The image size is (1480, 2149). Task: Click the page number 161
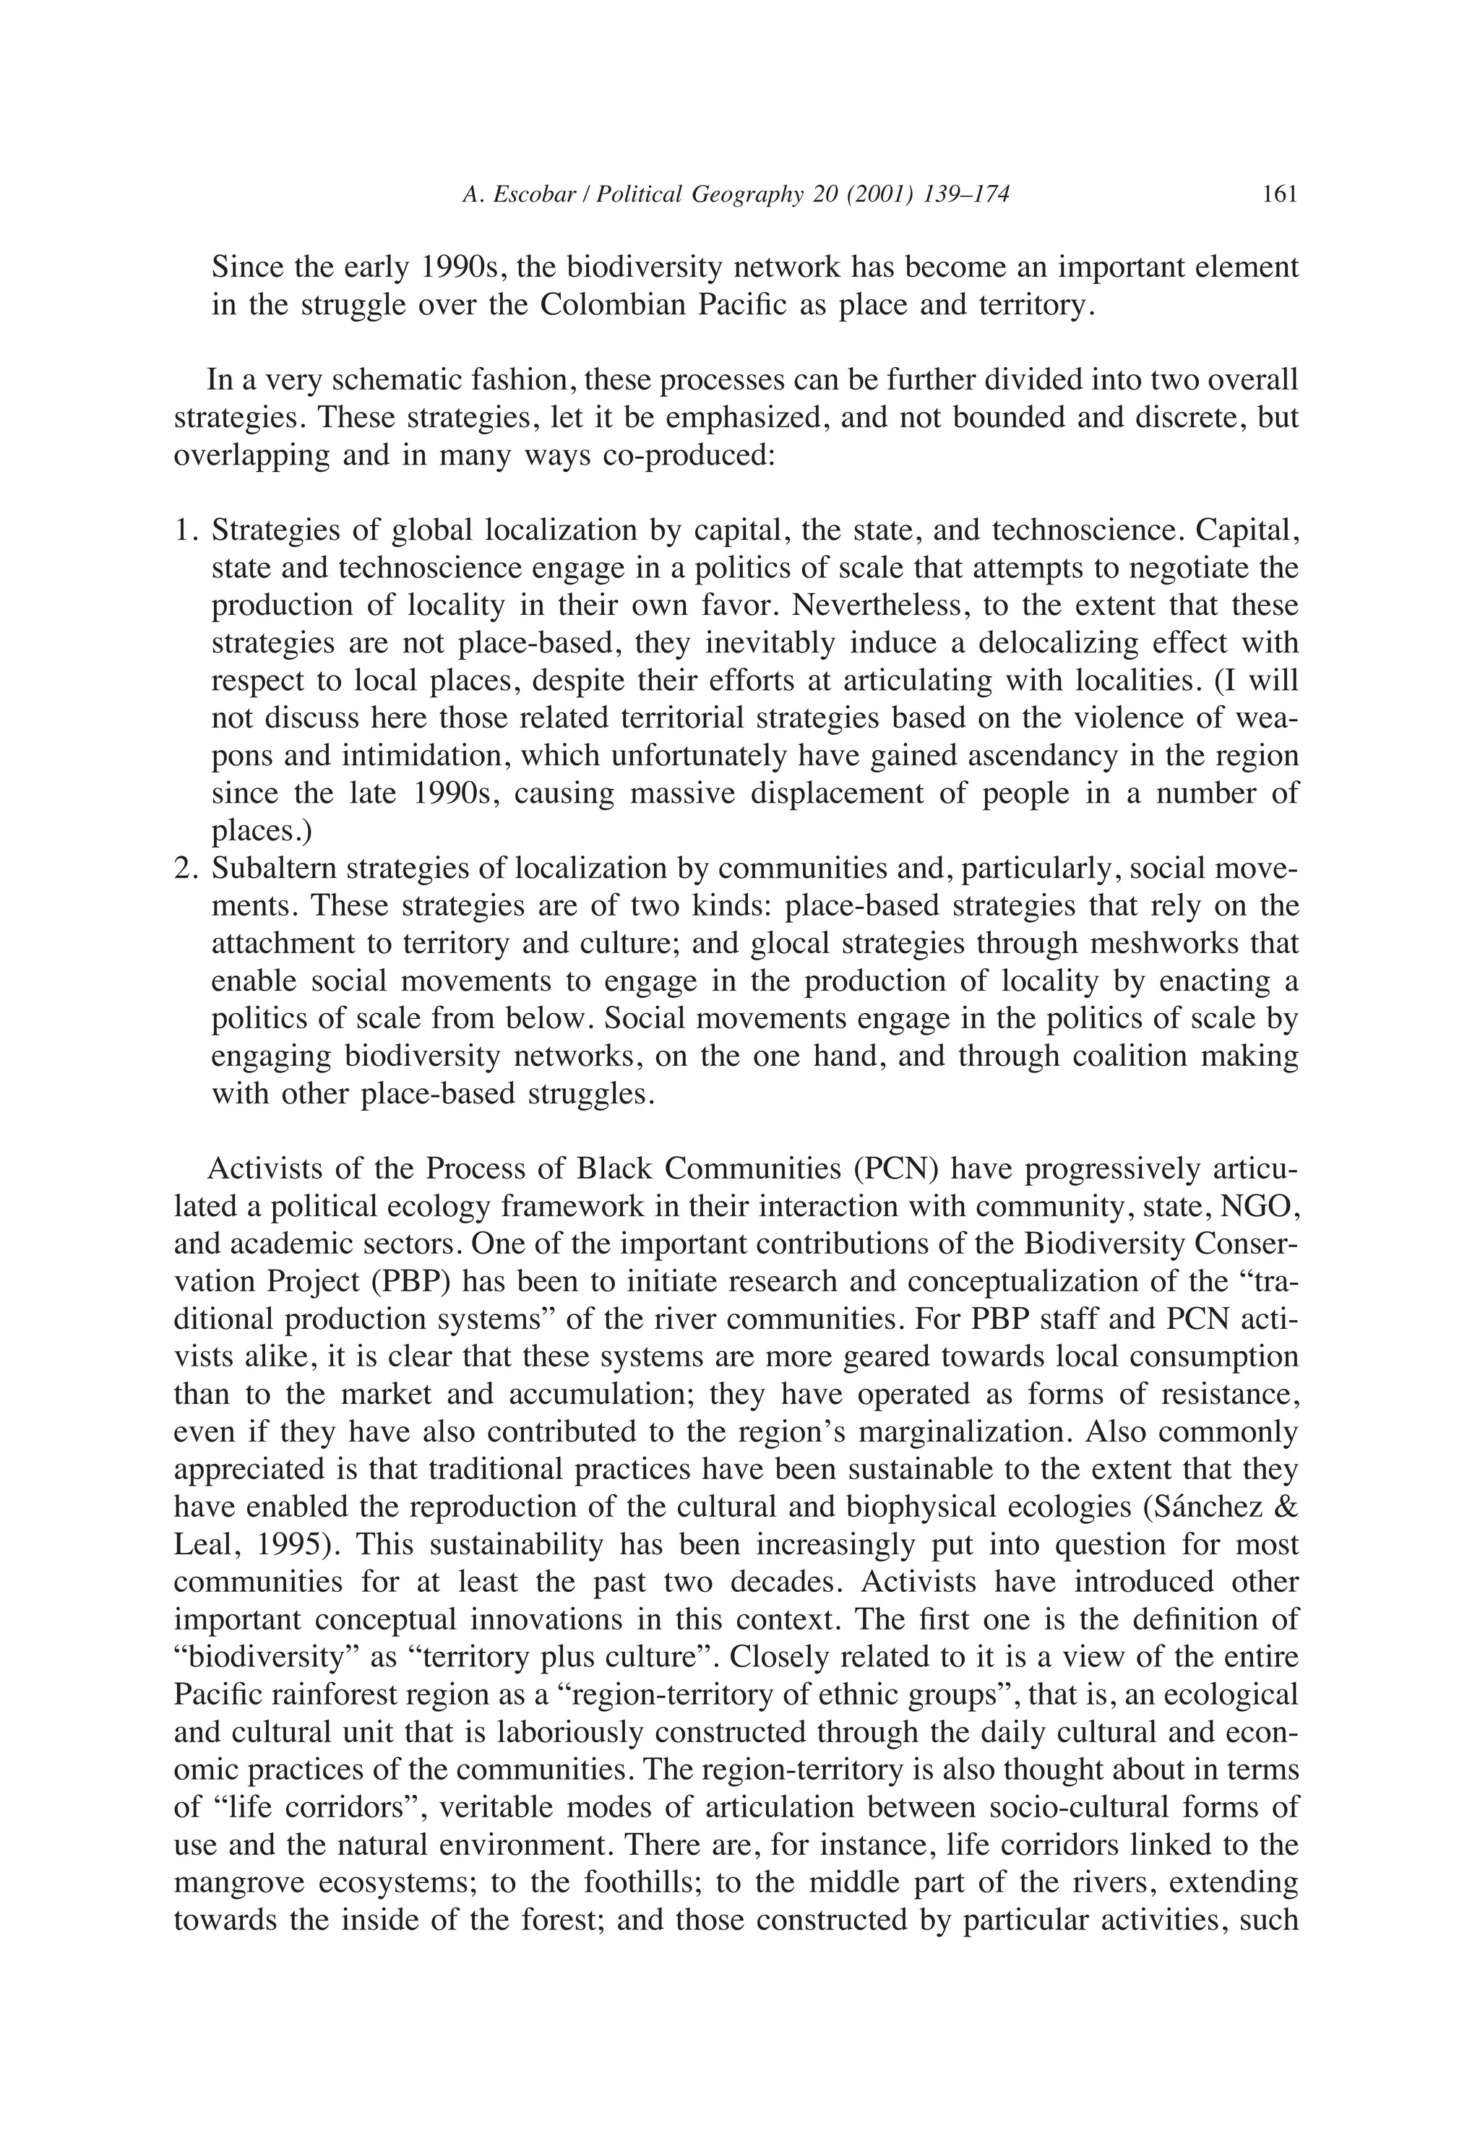[1279, 194]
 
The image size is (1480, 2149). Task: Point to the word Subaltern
[270, 869]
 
